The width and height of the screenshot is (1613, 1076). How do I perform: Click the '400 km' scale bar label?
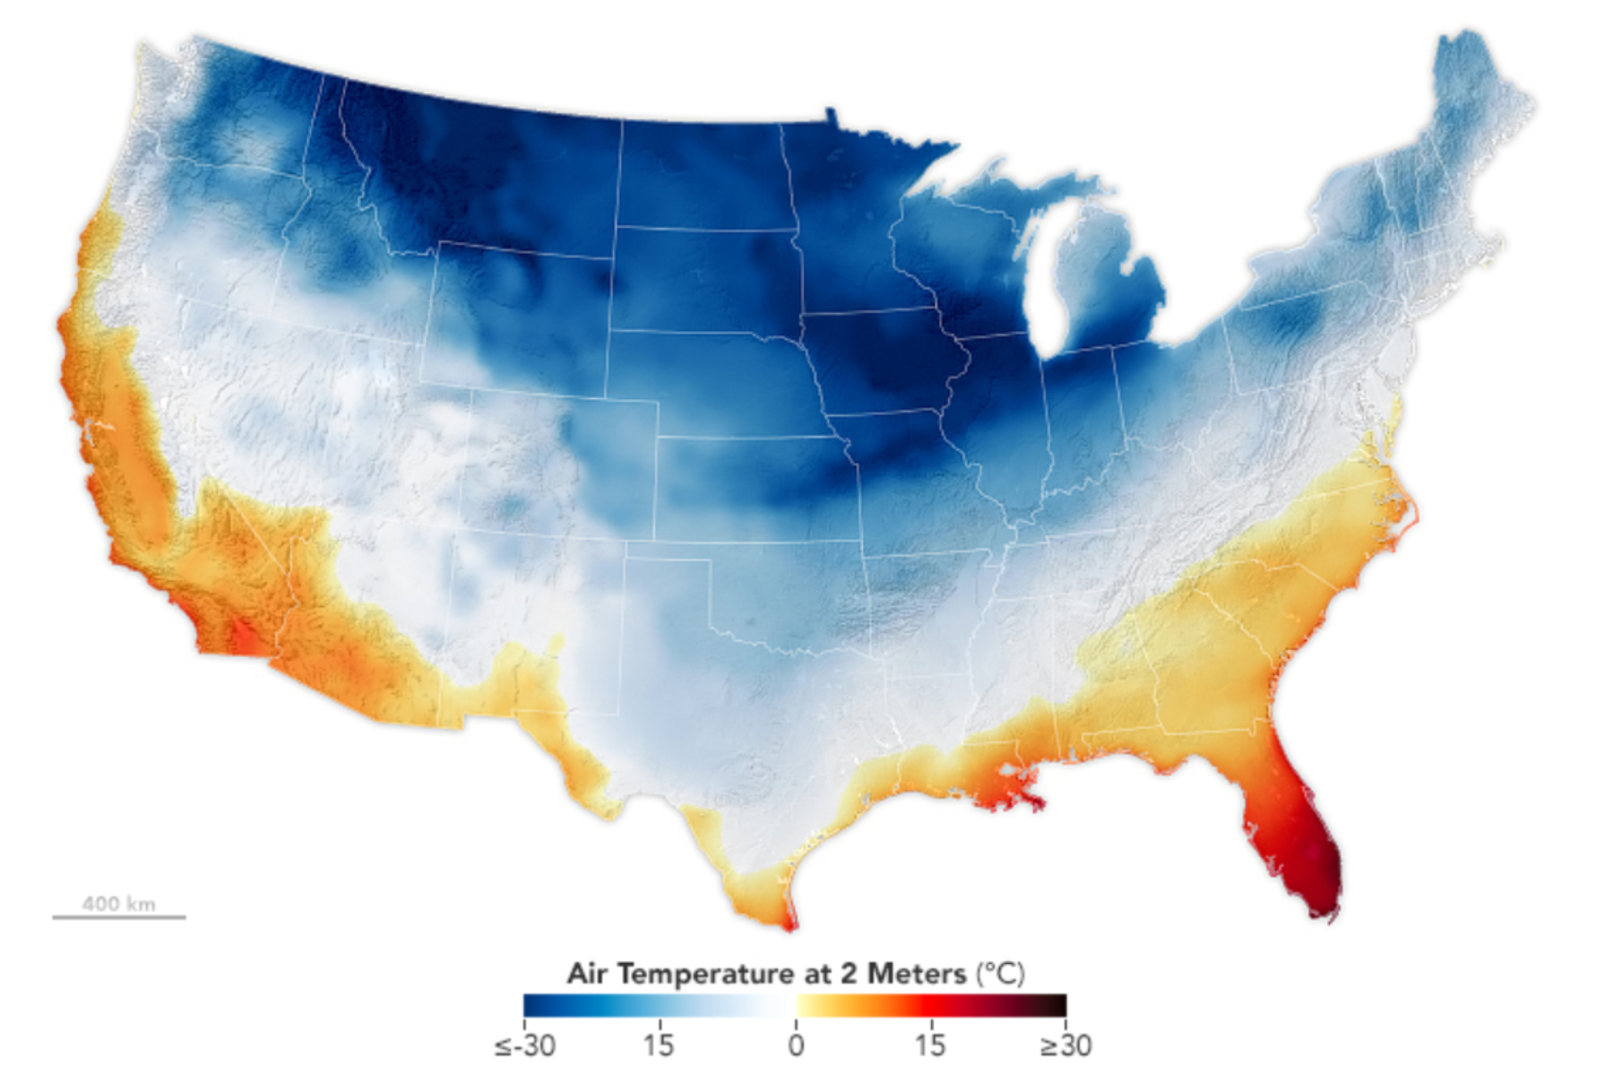(x=118, y=903)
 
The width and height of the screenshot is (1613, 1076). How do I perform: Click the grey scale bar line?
(x=118, y=917)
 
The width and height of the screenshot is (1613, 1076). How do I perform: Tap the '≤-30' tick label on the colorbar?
(x=525, y=1046)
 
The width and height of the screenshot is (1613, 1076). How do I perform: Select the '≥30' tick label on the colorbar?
(x=1065, y=1046)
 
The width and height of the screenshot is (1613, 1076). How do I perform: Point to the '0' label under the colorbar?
(x=796, y=1046)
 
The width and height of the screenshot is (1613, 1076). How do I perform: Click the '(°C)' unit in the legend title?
(x=1000, y=974)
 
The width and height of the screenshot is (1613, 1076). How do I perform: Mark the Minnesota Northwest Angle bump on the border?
(x=831, y=115)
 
